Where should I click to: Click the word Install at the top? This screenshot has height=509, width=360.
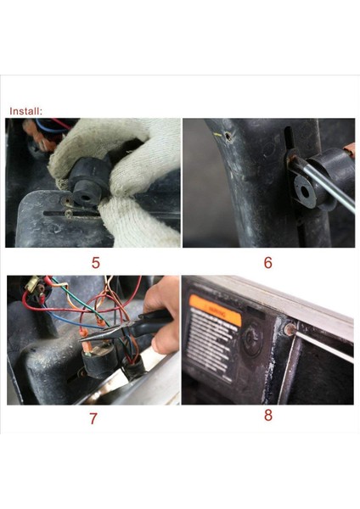coord(25,110)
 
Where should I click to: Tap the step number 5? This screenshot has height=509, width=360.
coord(94,263)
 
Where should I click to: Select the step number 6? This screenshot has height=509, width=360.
coord(267,263)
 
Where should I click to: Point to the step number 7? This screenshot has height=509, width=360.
coord(93,417)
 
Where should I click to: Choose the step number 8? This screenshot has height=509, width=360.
coord(267,416)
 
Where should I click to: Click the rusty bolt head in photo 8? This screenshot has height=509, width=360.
coord(290,328)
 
